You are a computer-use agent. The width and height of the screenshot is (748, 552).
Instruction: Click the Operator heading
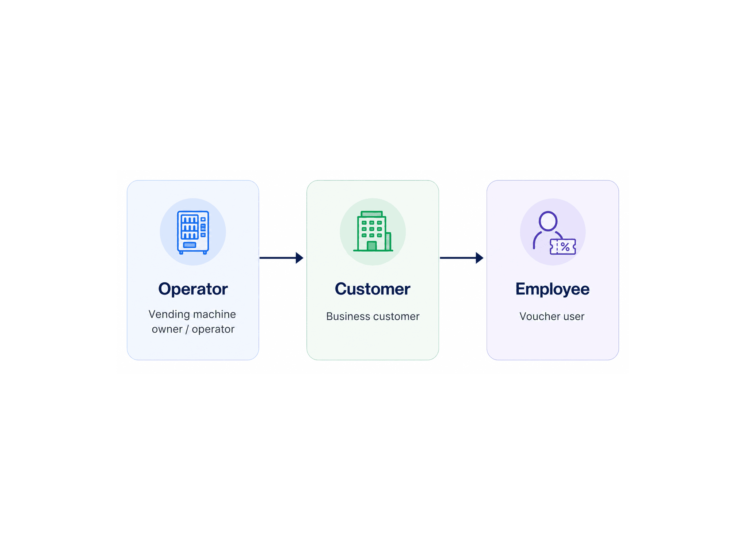click(x=193, y=289)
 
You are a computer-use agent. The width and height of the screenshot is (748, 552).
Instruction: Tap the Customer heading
click(x=373, y=289)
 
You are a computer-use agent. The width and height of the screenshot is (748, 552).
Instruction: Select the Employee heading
click(x=552, y=289)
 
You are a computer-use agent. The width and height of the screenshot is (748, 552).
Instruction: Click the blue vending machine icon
click(x=193, y=232)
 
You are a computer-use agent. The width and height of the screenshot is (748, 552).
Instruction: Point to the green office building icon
click(x=373, y=231)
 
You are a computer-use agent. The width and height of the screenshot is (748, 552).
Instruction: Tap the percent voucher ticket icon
click(x=563, y=247)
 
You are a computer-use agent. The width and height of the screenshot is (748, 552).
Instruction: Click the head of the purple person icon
click(x=548, y=221)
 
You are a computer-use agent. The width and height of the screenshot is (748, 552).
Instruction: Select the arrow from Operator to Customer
click(x=281, y=258)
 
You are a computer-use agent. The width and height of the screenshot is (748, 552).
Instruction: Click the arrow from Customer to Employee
click(x=462, y=258)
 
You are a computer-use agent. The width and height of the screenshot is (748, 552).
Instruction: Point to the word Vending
click(x=169, y=315)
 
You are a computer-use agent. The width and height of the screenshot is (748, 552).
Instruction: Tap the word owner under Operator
click(x=167, y=330)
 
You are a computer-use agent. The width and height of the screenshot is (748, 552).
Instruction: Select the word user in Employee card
click(x=574, y=317)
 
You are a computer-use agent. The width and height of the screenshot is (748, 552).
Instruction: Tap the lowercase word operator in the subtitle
click(x=213, y=330)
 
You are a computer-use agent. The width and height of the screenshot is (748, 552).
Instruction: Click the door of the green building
click(x=371, y=246)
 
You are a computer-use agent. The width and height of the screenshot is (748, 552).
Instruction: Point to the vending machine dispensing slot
click(x=190, y=245)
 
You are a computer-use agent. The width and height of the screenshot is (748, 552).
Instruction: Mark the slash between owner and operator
click(x=187, y=330)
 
